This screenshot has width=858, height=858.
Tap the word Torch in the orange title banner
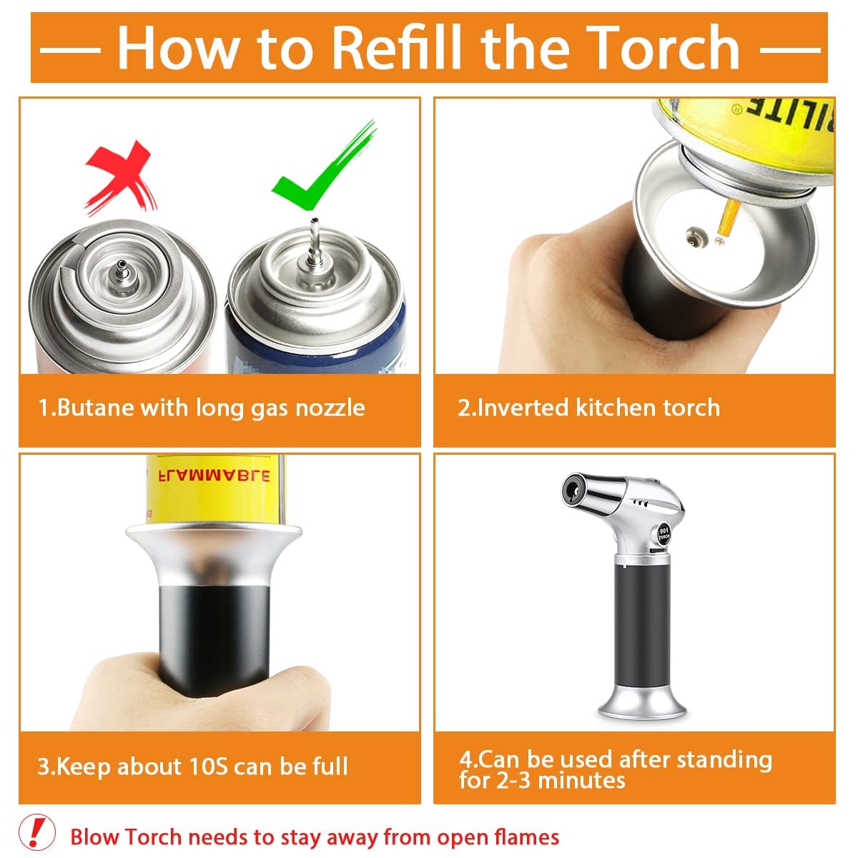[x=664, y=47]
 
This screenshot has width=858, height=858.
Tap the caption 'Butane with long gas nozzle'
[x=202, y=408]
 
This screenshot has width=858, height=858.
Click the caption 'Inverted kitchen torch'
[x=588, y=408]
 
